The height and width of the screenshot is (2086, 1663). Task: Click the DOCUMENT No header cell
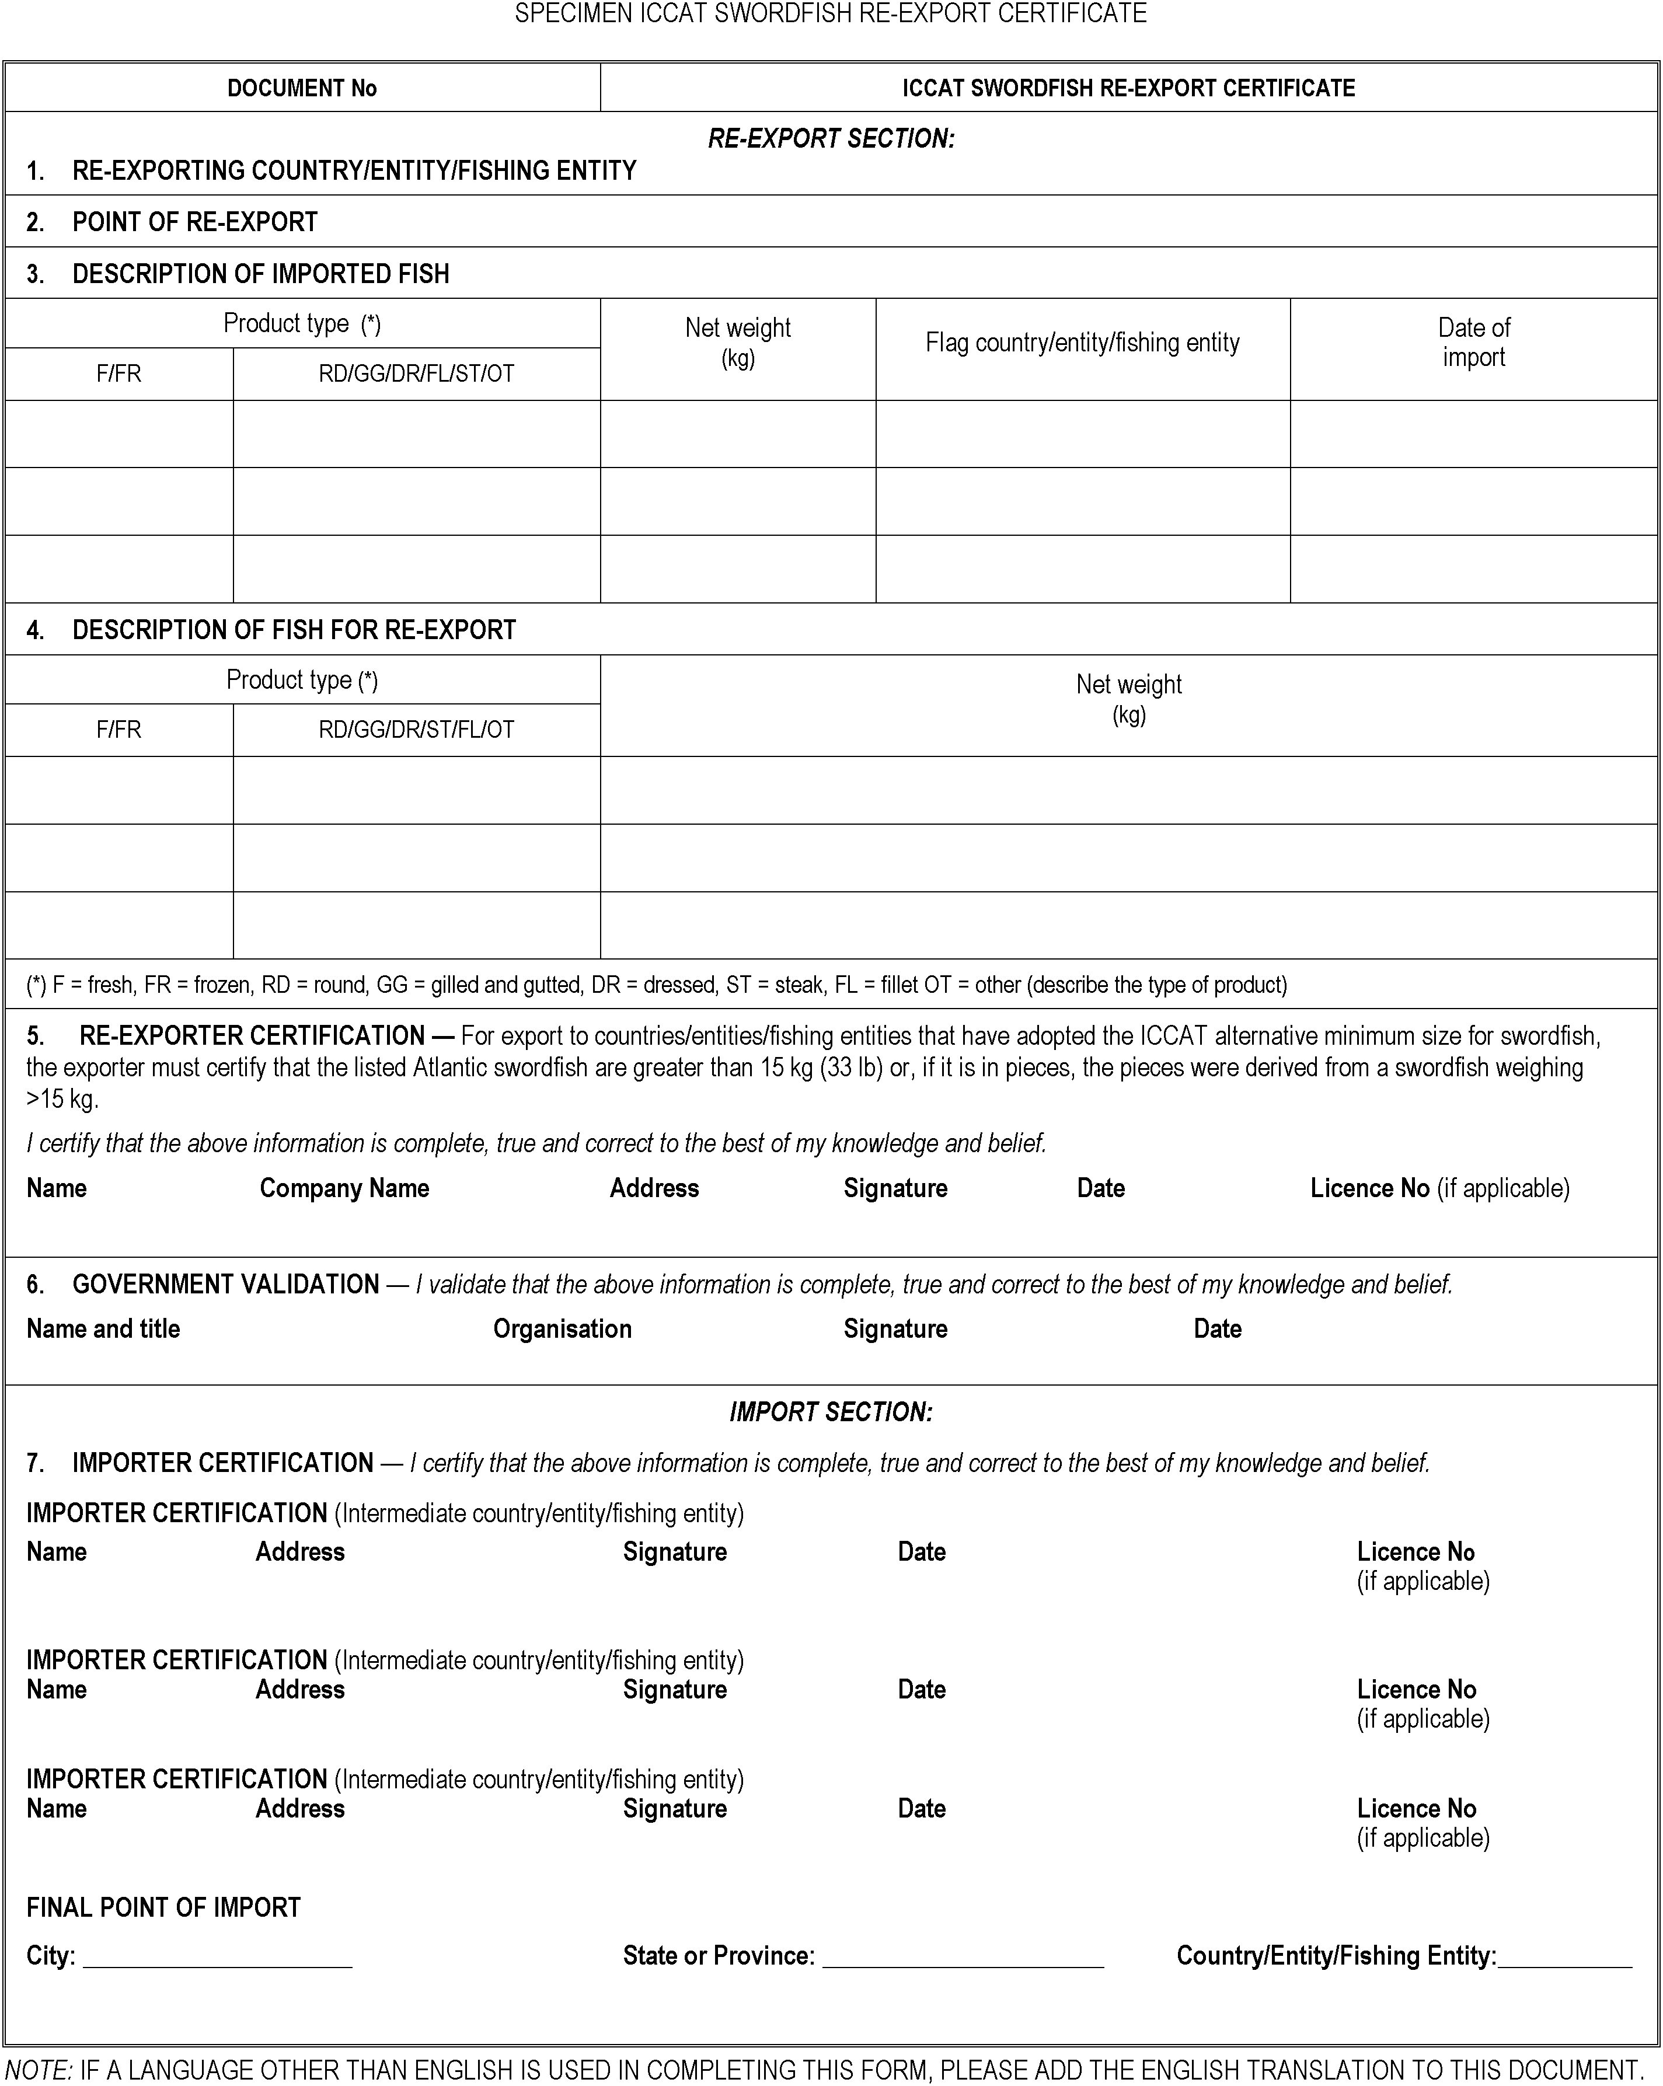click(x=302, y=88)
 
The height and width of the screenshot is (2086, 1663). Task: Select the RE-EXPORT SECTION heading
click(x=831, y=138)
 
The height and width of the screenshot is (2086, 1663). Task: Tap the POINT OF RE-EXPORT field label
click(x=194, y=222)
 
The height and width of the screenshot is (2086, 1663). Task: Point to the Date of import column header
click(x=1473, y=343)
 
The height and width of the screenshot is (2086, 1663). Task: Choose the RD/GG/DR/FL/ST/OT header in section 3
click(x=416, y=374)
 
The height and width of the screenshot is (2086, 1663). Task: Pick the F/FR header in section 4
click(x=118, y=730)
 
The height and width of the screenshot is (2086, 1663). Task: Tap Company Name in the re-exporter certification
click(x=344, y=1188)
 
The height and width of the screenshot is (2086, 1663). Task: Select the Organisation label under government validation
click(x=562, y=1328)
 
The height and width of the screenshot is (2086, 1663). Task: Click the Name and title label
click(x=103, y=1328)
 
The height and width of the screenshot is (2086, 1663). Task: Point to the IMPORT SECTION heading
click(x=831, y=1412)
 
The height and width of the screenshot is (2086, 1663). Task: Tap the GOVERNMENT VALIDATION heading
click(x=225, y=1284)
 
